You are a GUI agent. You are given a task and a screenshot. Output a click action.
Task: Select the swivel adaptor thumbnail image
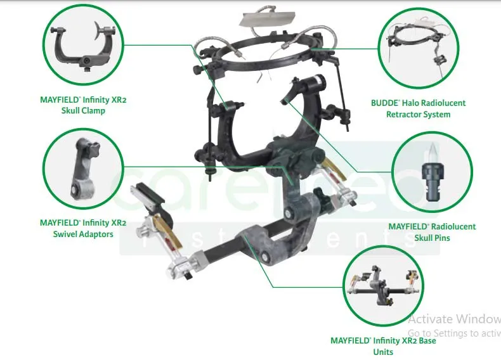(83, 169)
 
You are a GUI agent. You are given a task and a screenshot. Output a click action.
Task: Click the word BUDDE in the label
(385, 103)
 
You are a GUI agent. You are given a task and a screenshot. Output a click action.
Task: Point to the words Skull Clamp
(83, 111)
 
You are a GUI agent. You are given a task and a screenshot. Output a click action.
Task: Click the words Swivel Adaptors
(83, 235)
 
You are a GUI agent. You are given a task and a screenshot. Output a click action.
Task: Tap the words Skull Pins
(433, 238)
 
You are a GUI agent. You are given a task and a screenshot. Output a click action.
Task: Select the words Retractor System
(419, 115)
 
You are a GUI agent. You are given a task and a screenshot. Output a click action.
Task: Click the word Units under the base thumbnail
(383, 352)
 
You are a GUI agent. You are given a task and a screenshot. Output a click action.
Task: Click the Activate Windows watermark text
(454, 319)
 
